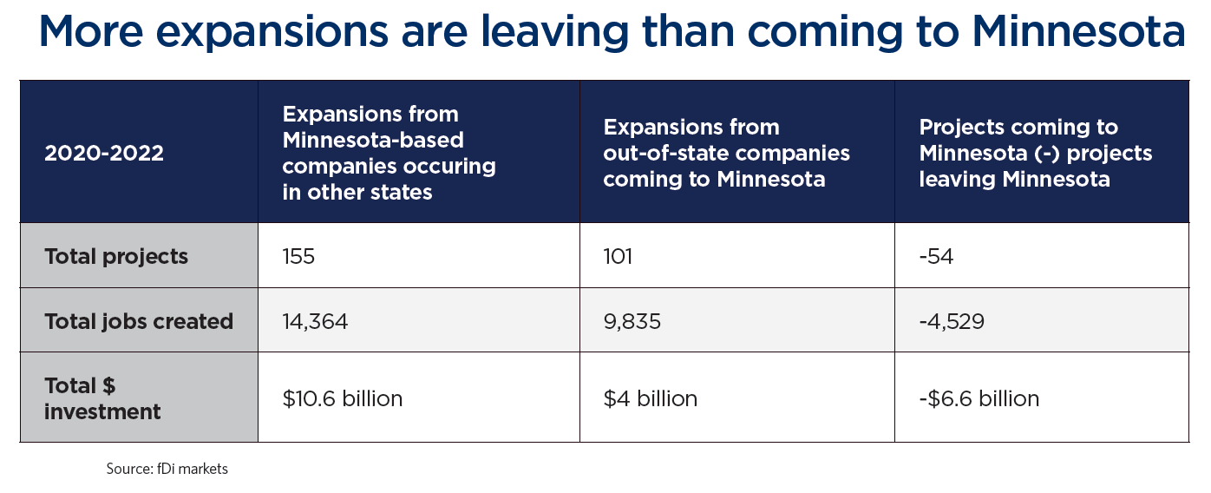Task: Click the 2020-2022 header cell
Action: [x=104, y=153]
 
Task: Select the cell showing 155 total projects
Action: [x=298, y=257]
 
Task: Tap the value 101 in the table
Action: [x=619, y=257]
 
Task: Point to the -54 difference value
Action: [x=936, y=257]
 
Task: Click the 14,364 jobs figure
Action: [x=315, y=322]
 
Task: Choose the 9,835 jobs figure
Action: [x=632, y=322]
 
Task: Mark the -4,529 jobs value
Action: [x=952, y=322]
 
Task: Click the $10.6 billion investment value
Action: [x=343, y=398]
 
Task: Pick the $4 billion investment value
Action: [x=651, y=398]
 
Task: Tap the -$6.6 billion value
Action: [x=979, y=398]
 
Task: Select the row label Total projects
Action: [x=116, y=257]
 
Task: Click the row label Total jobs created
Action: [x=139, y=322]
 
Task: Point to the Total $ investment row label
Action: [x=102, y=398]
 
